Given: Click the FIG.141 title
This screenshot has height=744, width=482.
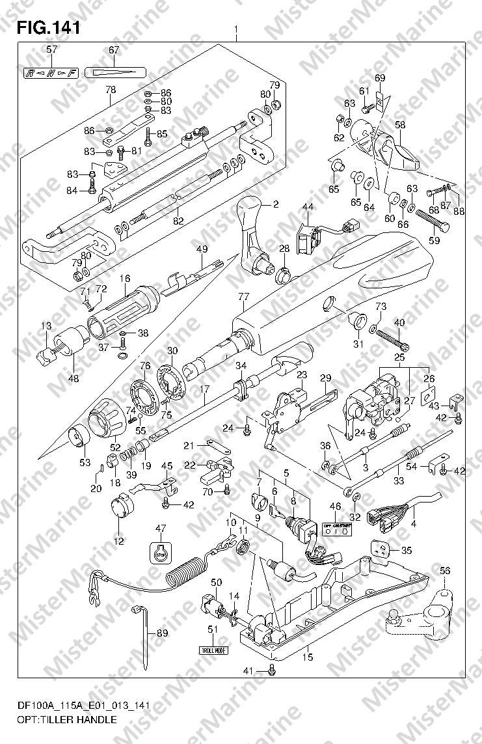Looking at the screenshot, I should [49, 28].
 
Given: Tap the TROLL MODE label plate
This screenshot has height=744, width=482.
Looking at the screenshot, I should [213, 649].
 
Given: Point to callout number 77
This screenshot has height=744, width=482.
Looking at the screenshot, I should [244, 297].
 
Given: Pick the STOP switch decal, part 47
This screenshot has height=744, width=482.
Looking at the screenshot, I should [161, 551].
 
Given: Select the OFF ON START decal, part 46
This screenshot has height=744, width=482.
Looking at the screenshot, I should [337, 527].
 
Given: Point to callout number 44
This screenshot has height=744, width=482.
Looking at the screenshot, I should [308, 206].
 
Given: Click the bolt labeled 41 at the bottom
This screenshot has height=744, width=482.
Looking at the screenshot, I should [273, 670].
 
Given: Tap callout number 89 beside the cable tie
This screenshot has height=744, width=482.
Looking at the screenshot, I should [162, 633].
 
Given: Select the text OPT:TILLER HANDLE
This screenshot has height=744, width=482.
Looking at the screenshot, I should [68, 719].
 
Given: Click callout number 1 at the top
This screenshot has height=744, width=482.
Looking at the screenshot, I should [235, 30].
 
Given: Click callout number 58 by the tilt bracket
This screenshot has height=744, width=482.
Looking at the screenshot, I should [400, 124].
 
